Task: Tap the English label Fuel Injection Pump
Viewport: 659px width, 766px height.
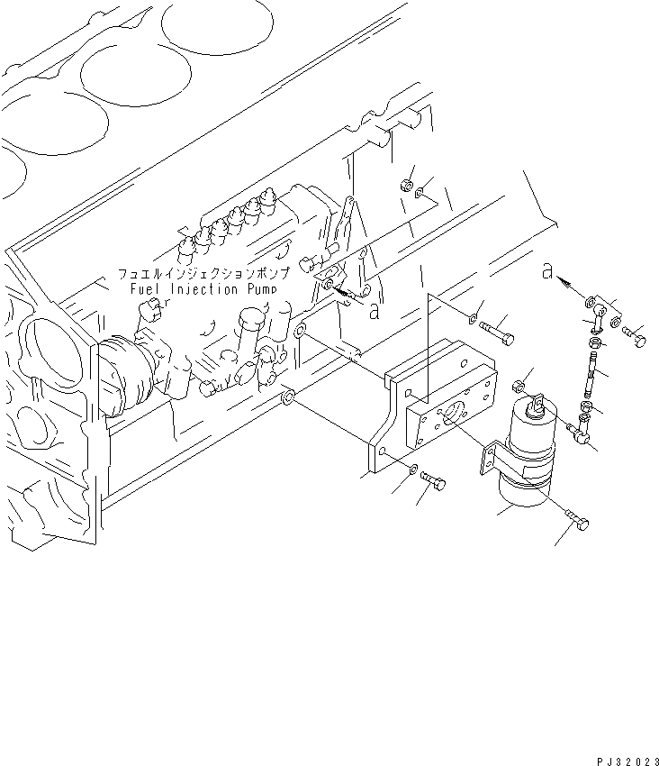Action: point(197,290)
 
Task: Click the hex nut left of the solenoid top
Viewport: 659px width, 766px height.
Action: point(519,386)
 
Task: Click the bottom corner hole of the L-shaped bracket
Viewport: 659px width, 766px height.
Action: point(383,451)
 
